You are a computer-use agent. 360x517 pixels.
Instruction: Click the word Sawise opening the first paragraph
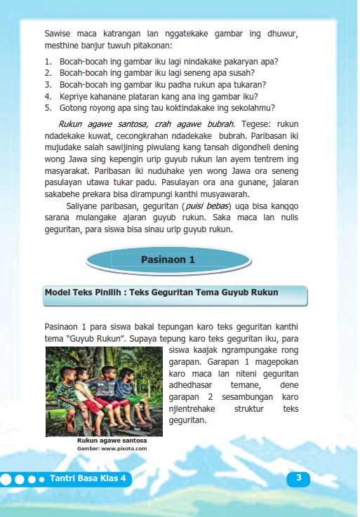[58, 33]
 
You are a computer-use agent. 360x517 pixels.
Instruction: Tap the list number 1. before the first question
[48, 61]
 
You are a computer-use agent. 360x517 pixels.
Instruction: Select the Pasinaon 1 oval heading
[167, 259]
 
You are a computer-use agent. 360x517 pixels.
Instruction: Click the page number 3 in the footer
[299, 478]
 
